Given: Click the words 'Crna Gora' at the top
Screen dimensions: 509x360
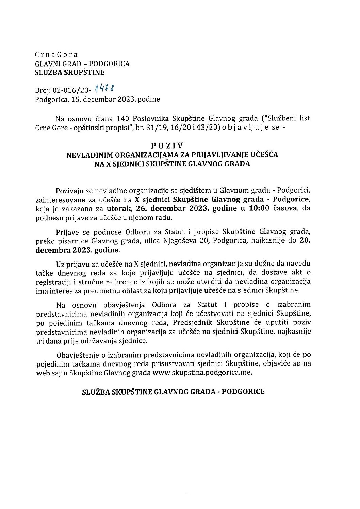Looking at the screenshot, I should (x=56, y=55).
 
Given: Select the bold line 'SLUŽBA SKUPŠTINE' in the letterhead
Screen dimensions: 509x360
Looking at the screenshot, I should (x=70, y=72).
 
